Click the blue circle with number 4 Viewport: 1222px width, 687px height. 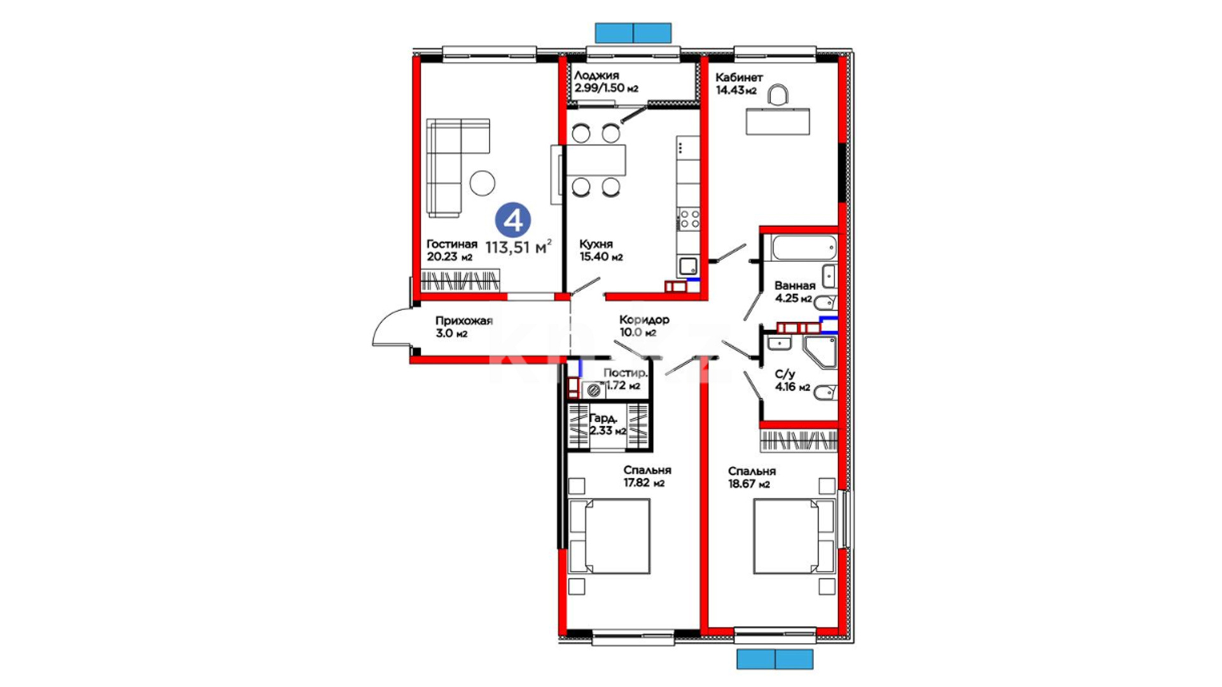(513, 220)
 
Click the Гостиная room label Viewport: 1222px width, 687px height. (451, 244)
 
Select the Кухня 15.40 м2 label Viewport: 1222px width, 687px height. (601, 251)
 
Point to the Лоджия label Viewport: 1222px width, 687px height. (596, 76)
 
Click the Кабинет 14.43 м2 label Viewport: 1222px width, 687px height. (739, 83)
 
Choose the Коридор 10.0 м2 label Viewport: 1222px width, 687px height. (644, 326)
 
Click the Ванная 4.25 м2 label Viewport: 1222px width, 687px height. (794, 292)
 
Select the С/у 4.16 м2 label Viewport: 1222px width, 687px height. (792, 380)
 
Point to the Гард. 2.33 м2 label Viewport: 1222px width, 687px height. (608, 424)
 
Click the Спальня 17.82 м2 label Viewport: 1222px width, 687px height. (647, 476)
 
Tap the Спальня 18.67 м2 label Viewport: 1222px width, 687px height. (752, 478)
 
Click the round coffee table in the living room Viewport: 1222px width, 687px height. (482, 183)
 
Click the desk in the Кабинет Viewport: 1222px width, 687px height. (778, 121)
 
